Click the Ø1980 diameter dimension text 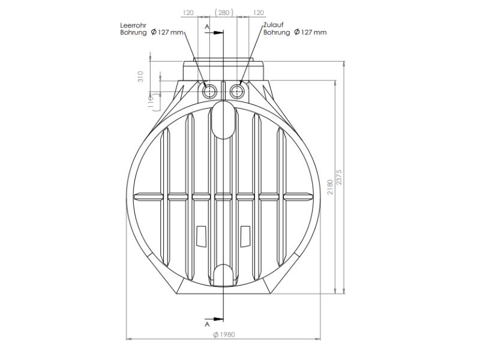[x=224, y=335]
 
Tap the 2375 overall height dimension [x=339, y=177]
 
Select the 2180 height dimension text [x=329, y=187]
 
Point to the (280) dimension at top [x=224, y=13]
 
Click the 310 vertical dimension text [x=140, y=77]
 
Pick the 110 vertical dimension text [x=151, y=101]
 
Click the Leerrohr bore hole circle [x=209, y=91]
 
